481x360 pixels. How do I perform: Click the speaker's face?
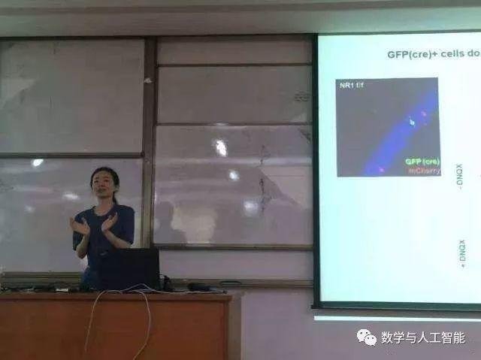pyautogui.click(x=102, y=191)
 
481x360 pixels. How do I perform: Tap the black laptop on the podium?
pyautogui.click(x=129, y=268)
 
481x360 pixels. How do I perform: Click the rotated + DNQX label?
pyautogui.click(x=461, y=250)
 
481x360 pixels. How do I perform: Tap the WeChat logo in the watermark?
pyautogui.click(x=366, y=337)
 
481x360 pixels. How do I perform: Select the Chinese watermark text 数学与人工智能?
pyautogui.click(x=422, y=337)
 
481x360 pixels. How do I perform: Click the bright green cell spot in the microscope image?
pyautogui.click(x=412, y=121)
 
